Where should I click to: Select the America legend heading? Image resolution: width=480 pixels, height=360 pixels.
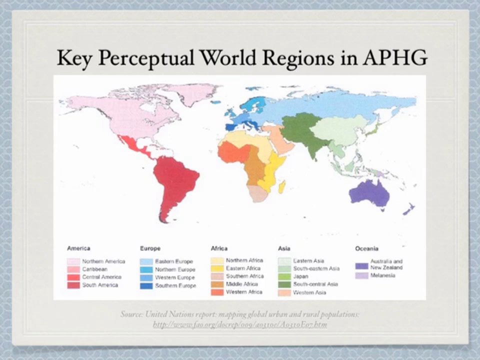click(x=78, y=248)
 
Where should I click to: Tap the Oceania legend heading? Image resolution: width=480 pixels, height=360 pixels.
click(x=366, y=248)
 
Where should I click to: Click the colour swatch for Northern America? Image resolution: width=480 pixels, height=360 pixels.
click(x=73, y=261)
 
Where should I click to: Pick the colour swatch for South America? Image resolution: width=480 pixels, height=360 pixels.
click(x=73, y=285)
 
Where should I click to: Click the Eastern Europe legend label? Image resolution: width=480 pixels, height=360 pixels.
click(x=173, y=261)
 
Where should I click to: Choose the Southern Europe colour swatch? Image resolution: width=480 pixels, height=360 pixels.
click(x=146, y=285)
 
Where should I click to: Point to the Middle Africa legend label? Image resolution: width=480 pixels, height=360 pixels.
click(x=242, y=284)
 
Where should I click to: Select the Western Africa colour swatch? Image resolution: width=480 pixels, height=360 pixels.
click(x=217, y=292)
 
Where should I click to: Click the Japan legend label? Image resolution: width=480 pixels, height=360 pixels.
click(x=301, y=276)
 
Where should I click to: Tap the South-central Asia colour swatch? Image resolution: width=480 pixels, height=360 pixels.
click(x=284, y=284)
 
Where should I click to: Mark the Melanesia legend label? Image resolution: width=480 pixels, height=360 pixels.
click(x=383, y=275)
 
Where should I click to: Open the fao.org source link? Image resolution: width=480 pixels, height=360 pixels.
click(x=239, y=324)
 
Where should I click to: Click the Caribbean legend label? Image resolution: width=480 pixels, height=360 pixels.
click(x=94, y=269)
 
